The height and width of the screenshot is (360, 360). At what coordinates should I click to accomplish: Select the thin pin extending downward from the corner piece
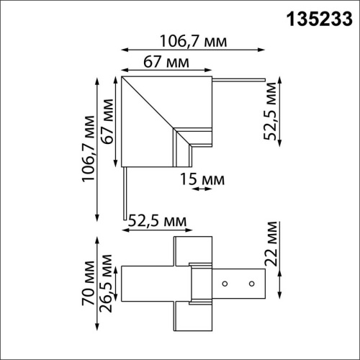pos(125,191)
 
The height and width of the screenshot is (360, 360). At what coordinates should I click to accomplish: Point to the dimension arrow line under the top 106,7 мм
pos(190,50)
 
